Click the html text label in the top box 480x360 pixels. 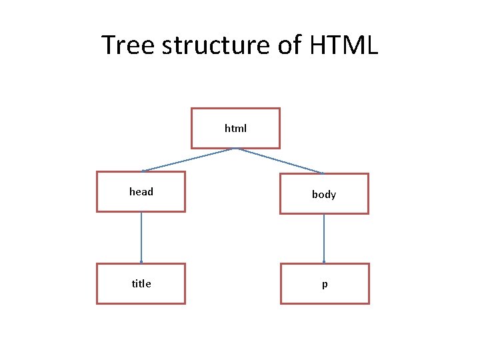tap(235, 128)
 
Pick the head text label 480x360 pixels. tap(141, 192)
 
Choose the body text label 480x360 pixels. tap(324, 195)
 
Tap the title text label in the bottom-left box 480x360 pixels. tap(141, 284)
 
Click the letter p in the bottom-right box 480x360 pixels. tap(325, 285)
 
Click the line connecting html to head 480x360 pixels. tap(188, 160)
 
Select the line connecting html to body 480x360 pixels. tap(281, 160)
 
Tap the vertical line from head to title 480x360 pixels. tap(141, 237)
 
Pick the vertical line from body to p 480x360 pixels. tap(324, 237)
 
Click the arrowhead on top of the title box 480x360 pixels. tap(141, 262)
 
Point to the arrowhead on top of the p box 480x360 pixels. tap(324, 262)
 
